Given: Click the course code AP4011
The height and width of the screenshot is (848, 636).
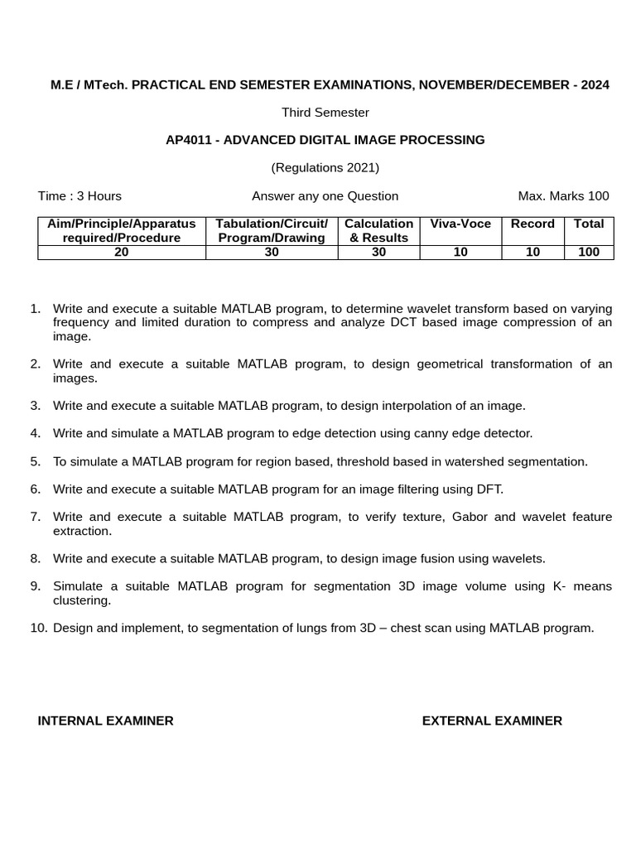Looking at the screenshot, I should [x=187, y=140].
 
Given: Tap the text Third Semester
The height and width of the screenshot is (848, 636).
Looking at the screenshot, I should [x=325, y=112].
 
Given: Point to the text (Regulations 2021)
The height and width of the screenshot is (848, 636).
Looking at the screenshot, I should [x=325, y=167].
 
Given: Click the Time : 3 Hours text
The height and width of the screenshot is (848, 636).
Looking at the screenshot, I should [x=79, y=196].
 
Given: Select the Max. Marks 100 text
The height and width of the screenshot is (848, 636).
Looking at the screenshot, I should [x=563, y=196].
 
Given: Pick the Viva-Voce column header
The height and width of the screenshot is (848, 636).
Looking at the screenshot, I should [x=460, y=224].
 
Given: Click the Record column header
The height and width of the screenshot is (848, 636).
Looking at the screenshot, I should [x=532, y=224].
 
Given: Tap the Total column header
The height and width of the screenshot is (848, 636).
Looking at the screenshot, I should [x=589, y=224].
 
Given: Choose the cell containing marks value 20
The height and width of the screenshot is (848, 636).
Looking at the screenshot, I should [x=122, y=253].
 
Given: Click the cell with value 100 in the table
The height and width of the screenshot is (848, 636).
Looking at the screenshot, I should [x=589, y=253].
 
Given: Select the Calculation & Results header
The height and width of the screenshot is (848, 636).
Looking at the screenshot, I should [x=379, y=230].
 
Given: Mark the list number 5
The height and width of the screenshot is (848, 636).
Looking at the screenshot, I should [x=36, y=461].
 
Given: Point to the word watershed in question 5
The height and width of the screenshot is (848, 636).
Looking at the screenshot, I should [x=476, y=461].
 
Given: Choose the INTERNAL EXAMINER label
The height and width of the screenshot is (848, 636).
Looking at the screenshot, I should [x=106, y=720].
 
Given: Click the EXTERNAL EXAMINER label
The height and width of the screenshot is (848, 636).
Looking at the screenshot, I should [x=492, y=720].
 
